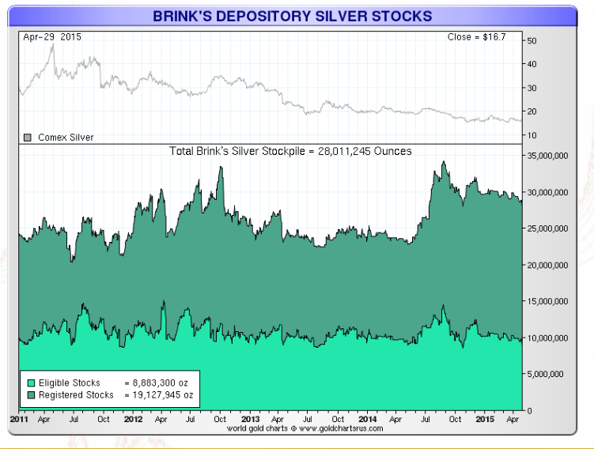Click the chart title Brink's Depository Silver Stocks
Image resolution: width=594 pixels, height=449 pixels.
coord(293,16)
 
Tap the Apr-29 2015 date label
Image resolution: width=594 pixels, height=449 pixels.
coord(52,36)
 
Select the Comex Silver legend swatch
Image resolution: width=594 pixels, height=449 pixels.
coord(28,138)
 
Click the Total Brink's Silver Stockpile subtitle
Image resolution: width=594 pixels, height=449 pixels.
coord(290,150)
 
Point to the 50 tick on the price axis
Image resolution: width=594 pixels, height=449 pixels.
coord(532,40)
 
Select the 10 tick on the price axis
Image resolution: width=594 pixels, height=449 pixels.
coord(532,135)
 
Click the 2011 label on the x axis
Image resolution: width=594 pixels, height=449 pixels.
coord(19,419)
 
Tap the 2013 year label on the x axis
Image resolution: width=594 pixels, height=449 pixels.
coord(250,419)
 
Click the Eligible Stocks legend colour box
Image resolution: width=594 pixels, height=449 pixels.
coord(28,383)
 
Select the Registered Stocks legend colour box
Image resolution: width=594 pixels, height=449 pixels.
coord(28,394)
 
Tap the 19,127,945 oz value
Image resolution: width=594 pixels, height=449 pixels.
coord(162,394)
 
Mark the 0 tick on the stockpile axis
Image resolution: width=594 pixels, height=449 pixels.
coord(528,410)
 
